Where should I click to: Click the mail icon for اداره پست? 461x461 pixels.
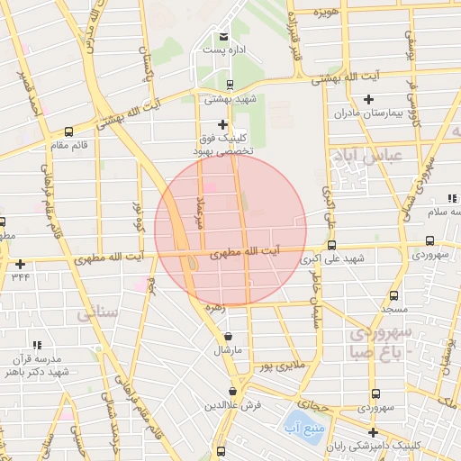coord(223,36)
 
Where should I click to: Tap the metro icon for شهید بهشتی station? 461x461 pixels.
coord(230,85)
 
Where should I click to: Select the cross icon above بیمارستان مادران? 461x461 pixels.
coord(368,99)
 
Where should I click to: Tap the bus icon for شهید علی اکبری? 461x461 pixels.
coord(332,245)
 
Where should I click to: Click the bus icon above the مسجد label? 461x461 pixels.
coord(393,294)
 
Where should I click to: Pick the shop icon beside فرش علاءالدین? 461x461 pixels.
coord(233,392)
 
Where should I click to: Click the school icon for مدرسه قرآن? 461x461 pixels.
coord(37,345)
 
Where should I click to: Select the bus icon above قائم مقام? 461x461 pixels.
coord(68,130)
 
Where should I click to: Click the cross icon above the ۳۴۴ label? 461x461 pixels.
coord(20,264)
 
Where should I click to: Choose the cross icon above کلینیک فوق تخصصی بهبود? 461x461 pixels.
coord(223,124)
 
